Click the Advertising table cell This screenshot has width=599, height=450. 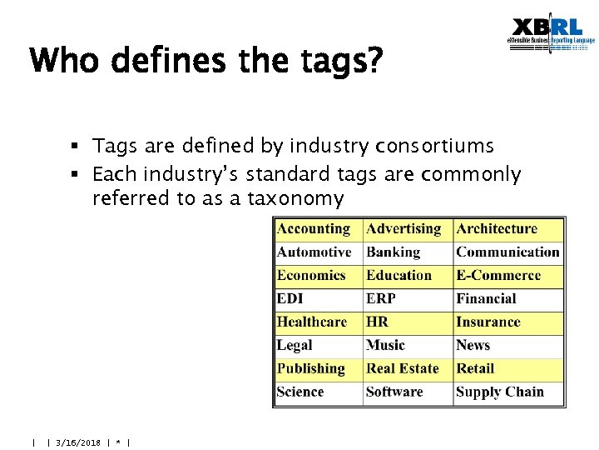click(408, 229)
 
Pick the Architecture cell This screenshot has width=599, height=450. click(507, 229)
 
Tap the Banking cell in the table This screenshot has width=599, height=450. click(408, 252)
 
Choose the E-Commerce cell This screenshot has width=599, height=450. click(507, 276)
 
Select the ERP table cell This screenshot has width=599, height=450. click(408, 299)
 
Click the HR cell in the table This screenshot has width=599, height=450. click(408, 322)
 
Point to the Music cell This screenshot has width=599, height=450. click(408, 346)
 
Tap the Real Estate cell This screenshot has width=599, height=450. click(408, 369)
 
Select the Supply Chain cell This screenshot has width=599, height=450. click(507, 392)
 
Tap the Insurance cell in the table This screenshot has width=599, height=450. click(507, 322)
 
